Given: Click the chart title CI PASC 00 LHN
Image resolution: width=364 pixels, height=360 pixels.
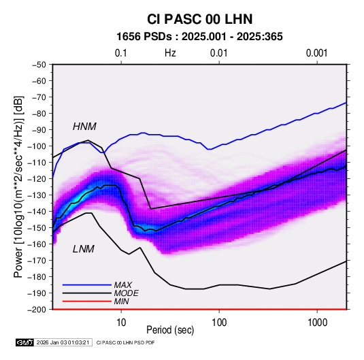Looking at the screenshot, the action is click(x=199, y=19).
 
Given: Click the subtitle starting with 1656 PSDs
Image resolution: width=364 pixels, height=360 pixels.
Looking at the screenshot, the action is click(x=199, y=37).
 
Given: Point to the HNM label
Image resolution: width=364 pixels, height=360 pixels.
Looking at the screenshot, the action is click(x=84, y=127).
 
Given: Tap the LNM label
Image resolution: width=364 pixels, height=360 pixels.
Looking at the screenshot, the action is click(x=84, y=249).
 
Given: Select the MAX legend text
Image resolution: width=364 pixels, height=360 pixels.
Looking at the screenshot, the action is click(x=122, y=285).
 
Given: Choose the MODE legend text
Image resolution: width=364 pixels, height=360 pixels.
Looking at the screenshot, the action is click(x=126, y=293).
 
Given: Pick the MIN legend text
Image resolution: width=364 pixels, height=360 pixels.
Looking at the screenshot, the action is click(x=121, y=301).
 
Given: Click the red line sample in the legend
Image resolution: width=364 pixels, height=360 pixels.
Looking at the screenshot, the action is click(x=87, y=301).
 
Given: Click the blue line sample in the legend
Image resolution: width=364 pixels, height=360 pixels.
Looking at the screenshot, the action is click(x=87, y=285).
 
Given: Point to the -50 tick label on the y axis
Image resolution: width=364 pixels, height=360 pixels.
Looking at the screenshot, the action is click(x=39, y=65).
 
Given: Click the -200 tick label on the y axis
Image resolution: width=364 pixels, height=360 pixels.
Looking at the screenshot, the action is click(x=37, y=310).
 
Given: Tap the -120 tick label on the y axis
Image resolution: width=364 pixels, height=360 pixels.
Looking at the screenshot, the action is click(x=37, y=179).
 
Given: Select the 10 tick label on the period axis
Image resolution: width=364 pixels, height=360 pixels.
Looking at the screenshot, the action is click(x=121, y=323).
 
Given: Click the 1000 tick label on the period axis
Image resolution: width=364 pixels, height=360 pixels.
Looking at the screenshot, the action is click(x=317, y=323).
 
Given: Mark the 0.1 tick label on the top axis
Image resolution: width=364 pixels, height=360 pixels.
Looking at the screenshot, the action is click(x=121, y=53).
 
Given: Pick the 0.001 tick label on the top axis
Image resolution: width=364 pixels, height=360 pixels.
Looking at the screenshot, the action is click(x=317, y=53).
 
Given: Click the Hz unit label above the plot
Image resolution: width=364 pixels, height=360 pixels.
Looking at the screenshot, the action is click(x=170, y=53).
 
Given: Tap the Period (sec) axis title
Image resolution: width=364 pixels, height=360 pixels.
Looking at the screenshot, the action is click(x=170, y=330).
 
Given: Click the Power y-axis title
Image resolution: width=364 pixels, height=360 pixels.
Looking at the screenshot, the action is click(x=19, y=187).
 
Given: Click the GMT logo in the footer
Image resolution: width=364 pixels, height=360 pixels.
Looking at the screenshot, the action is click(x=24, y=342).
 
